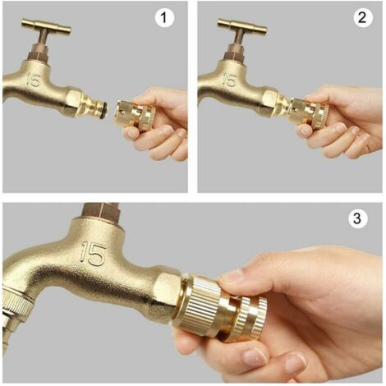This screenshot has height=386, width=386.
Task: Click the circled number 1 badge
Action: coord(164,18)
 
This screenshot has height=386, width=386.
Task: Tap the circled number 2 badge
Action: coord(362,18)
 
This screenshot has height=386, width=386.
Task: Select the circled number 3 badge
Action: coord(357,218)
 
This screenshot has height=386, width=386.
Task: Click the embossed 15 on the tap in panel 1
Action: coord(34,80)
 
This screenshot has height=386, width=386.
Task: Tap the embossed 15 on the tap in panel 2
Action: coord(230,80)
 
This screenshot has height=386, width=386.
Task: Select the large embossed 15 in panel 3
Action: coord(93,253)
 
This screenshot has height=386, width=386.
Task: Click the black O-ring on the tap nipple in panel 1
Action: coord(103,110)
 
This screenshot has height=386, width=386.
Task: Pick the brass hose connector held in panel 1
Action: coord(136,115)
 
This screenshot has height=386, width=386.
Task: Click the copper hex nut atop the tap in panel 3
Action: coord(101,210)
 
